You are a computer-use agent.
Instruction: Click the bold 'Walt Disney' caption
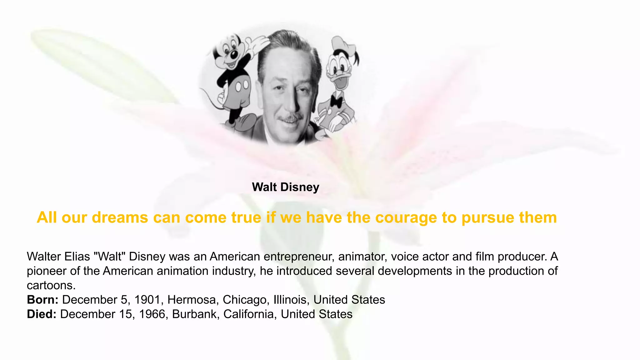285,187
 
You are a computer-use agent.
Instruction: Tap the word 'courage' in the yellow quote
406,217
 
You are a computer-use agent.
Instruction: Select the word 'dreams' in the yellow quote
120,217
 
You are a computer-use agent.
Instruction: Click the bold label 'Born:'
42,300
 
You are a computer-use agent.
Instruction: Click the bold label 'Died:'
42,314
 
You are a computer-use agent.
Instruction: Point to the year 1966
152,314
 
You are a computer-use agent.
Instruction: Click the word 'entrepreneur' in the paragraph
299,257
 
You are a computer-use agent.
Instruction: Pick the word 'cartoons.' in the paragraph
51,285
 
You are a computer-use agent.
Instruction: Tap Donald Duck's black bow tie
336,101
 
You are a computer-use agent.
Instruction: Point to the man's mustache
291,118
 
